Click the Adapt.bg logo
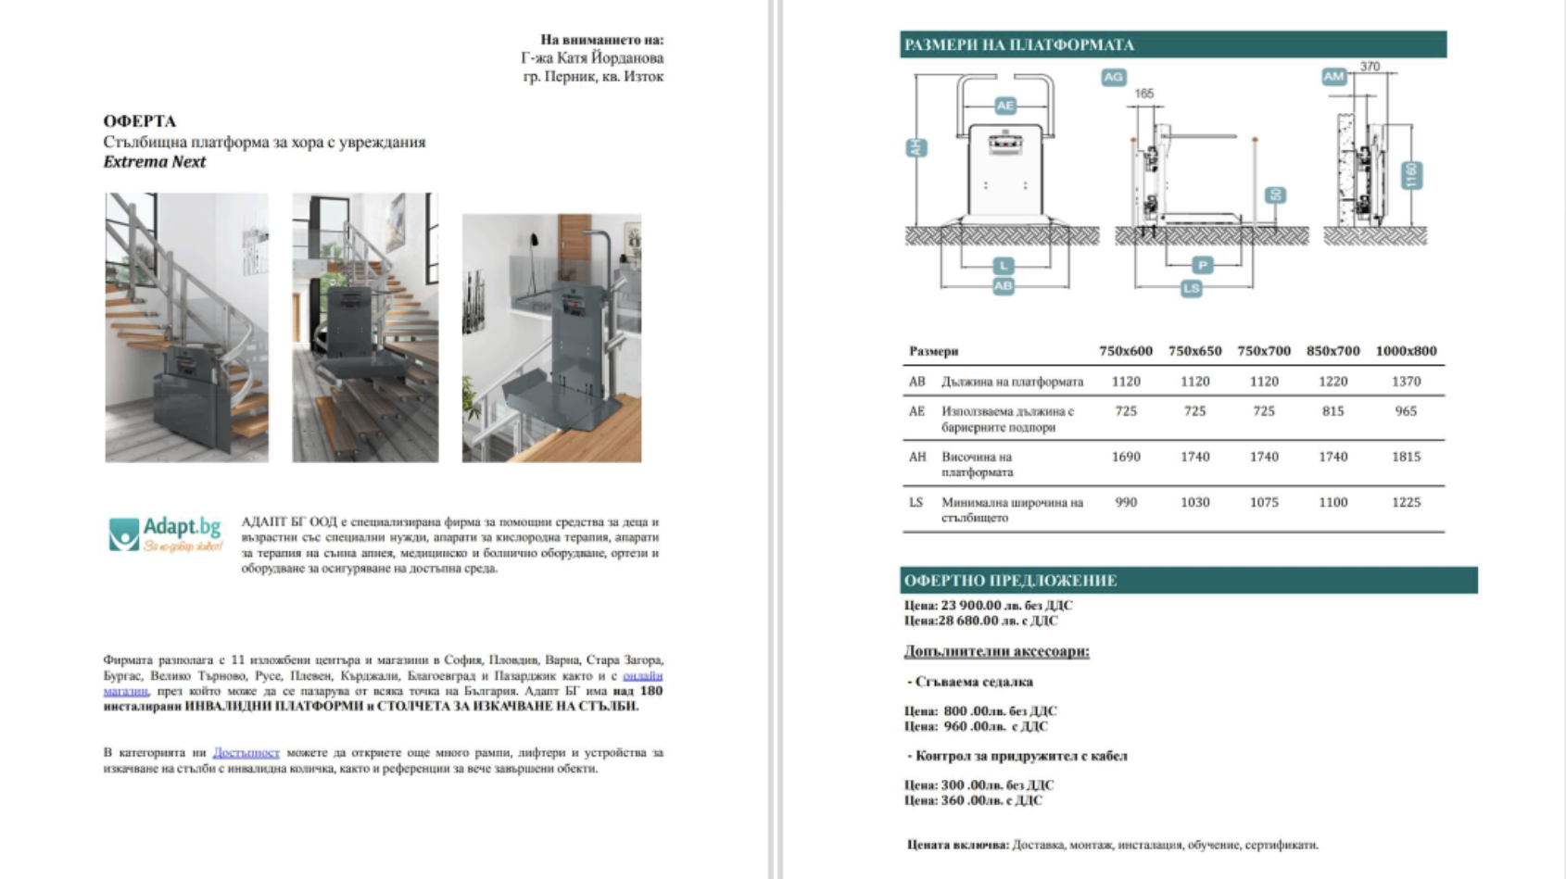point(165,534)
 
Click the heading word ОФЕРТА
point(140,121)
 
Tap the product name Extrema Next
point(155,162)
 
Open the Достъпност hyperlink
point(246,753)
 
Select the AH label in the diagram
point(916,148)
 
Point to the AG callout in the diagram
point(1113,77)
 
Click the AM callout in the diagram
point(1332,77)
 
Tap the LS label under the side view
point(1191,289)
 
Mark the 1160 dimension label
point(1412,175)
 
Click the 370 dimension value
point(1370,67)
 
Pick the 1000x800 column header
point(1406,351)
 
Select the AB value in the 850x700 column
point(1332,382)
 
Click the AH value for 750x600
point(1126,457)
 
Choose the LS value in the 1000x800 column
point(1406,502)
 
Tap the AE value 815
point(1332,411)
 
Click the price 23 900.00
point(971,606)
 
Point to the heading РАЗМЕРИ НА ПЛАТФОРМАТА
point(1019,44)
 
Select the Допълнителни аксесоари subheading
point(996,651)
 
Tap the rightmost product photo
point(551,338)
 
